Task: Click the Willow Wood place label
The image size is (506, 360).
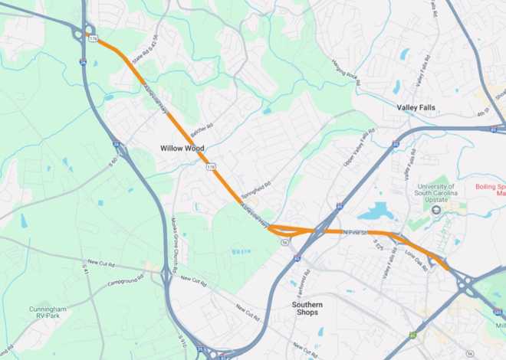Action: click(x=182, y=147)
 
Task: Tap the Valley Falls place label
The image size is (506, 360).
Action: click(x=416, y=108)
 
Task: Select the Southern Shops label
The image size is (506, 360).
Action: click(x=307, y=309)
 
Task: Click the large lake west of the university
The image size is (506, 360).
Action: click(x=375, y=211)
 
